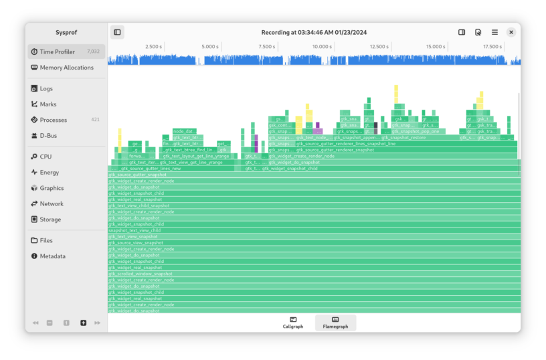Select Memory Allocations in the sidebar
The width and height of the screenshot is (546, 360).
click(66, 68)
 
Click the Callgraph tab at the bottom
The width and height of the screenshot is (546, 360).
click(293, 323)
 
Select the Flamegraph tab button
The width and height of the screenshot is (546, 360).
click(335, 323)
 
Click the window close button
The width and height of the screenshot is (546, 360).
click(511, 32)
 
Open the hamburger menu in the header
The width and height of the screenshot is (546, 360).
click(494, 32)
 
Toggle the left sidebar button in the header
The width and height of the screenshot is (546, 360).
click(117, 32)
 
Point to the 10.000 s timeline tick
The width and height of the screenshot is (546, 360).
click(322, 47)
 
